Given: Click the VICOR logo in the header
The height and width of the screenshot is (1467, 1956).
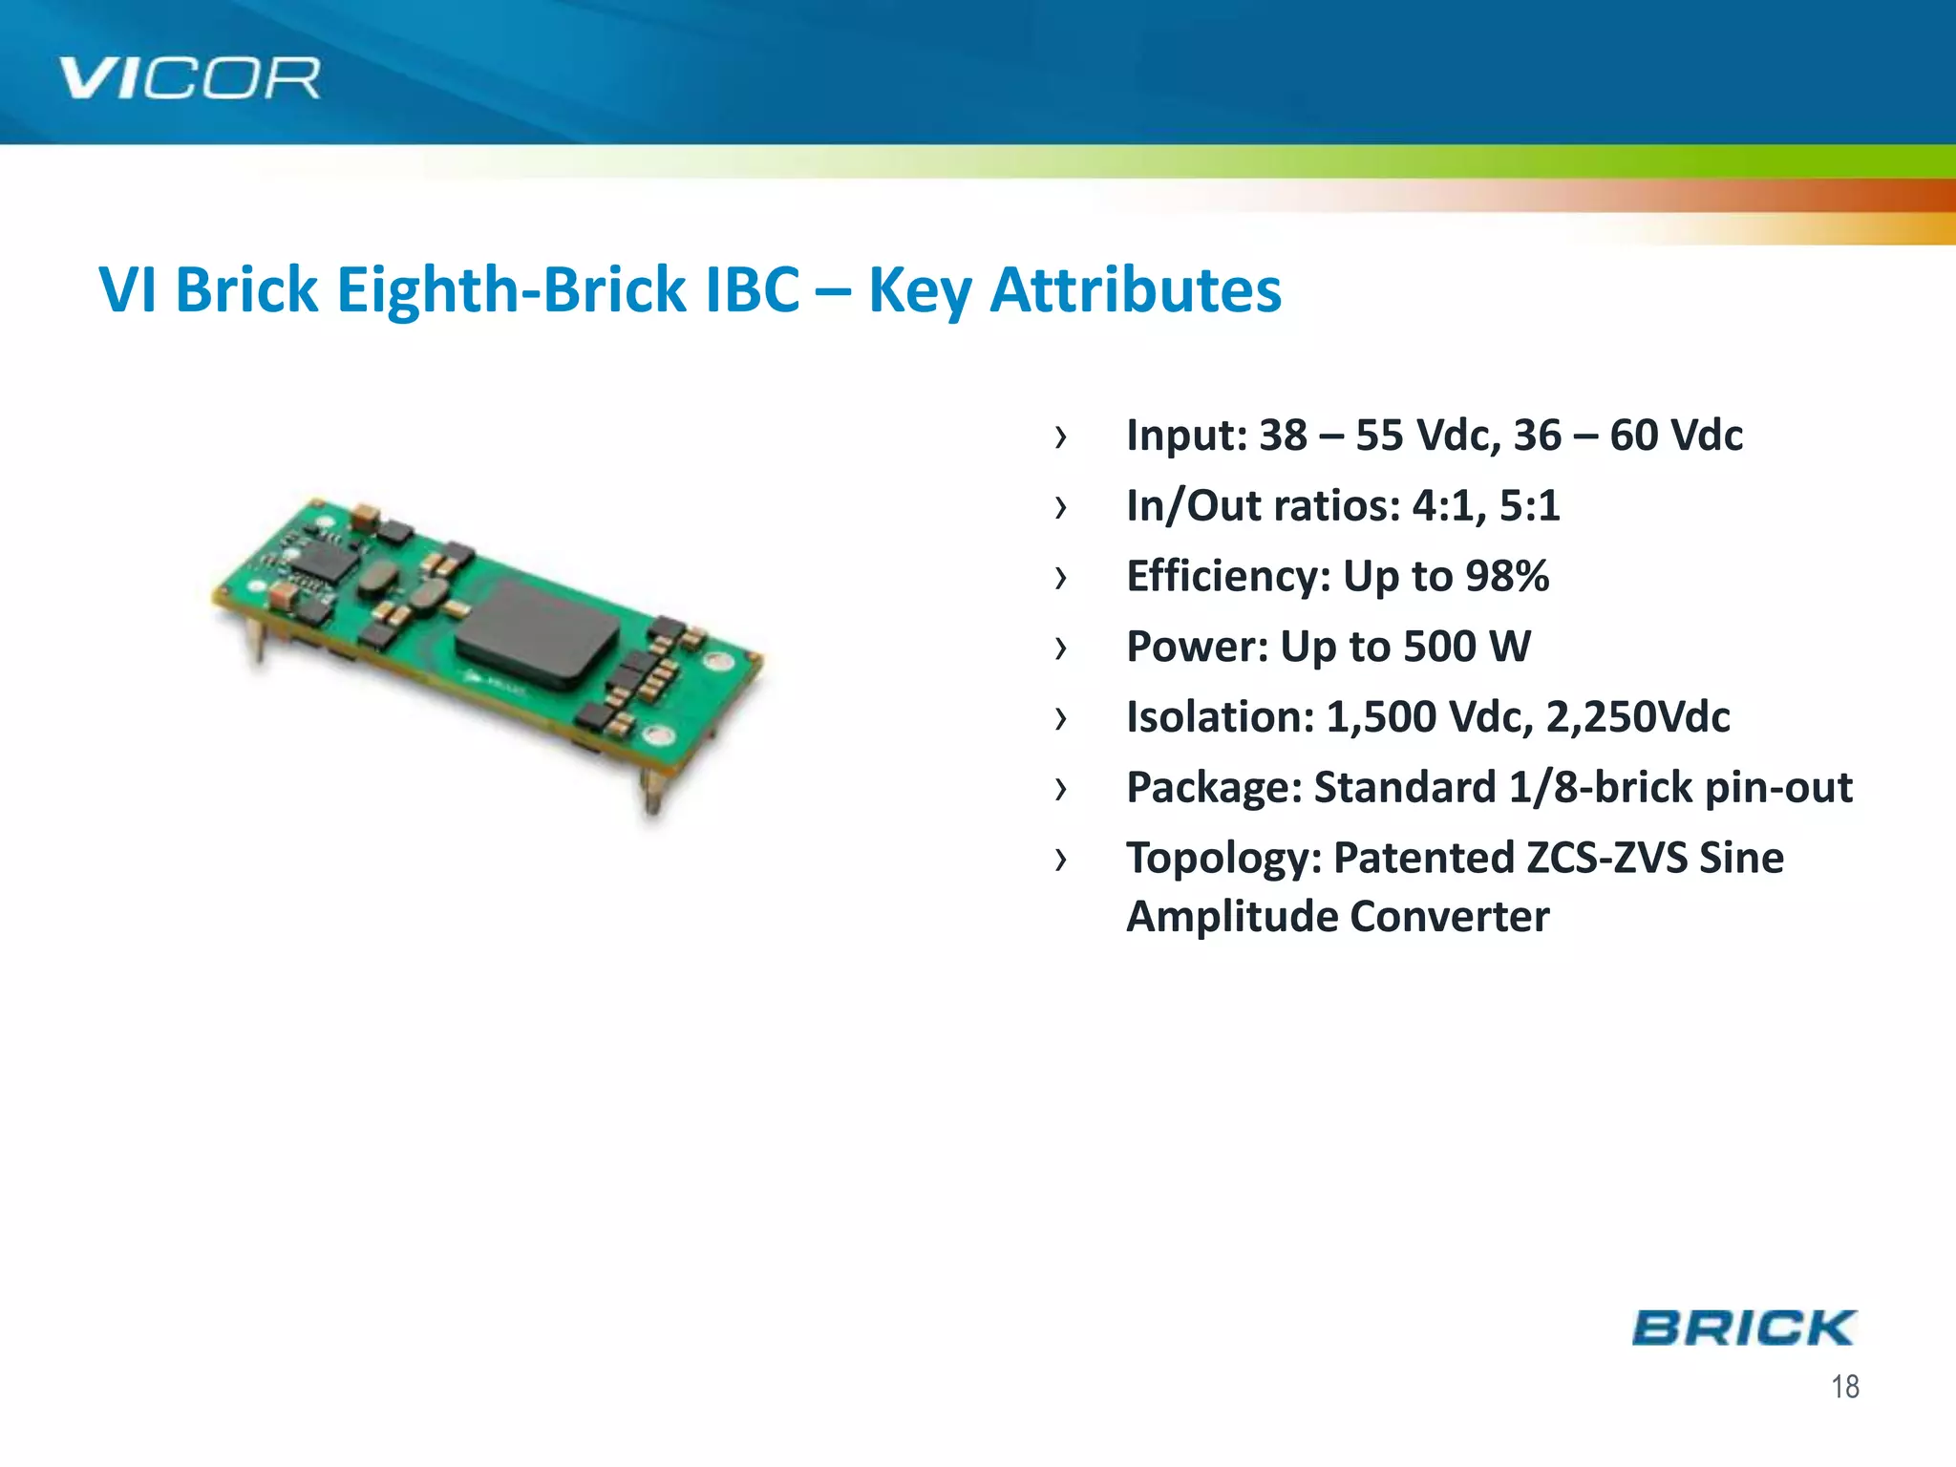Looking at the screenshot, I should [x=189, y=78].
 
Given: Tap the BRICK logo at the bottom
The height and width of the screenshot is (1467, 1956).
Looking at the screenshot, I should [x=1743, y=1328].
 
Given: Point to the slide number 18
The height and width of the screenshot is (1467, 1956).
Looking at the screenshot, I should [x=1844, y=1387].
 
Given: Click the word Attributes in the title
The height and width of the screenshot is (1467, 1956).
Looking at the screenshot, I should [x=1136, y=289].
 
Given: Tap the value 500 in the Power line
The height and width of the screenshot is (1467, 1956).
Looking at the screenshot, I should [x=1440, y=647].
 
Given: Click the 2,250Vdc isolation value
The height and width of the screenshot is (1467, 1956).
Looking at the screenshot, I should [x=1637, y=717].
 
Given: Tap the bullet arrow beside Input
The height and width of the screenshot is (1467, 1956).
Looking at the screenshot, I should [x=1060, y=437].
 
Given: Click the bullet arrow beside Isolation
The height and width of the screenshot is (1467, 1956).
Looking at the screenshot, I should [x=1060, y=718].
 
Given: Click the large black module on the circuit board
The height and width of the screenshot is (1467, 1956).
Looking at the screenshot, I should [x=537, y=633].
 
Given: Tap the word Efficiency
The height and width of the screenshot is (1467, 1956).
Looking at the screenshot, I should [x=1227, y=576].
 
